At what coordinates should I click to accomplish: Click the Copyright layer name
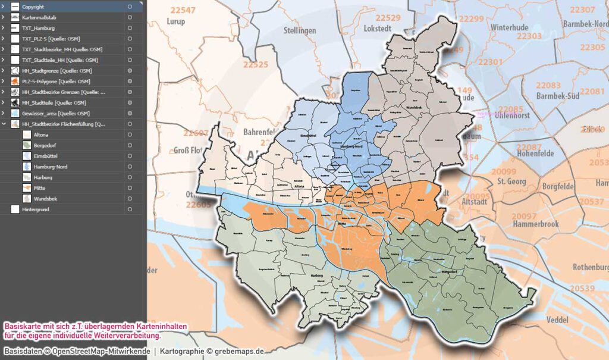(x=33, y=7)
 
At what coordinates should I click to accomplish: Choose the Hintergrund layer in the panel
(x=36, y=209)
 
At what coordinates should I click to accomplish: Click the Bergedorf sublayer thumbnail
(x=27, y=145)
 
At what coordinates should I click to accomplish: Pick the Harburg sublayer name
(x=43, y=177)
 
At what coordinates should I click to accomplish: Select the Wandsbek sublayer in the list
(x=46, y=198)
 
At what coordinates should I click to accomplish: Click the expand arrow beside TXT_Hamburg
(x=4, y=28)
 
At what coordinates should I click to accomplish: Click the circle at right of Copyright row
(x=130, y=7)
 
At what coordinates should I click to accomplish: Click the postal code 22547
(x=183, y=11)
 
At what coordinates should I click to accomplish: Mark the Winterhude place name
(x=510, y=27)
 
